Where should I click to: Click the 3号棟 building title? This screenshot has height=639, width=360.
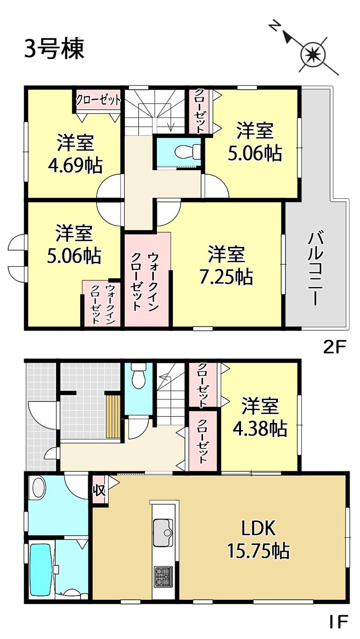click(x=54, y=49)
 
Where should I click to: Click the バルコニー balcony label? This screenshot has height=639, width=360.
click(x=315, y=269)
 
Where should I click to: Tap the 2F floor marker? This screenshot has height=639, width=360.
click(x=334, y=348)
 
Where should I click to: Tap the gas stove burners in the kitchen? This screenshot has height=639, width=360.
click(x=164, y=576)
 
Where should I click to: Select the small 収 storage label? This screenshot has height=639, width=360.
click(x=99, y=490)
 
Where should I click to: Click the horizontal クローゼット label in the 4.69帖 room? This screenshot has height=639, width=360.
click(x=98, y=100)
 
